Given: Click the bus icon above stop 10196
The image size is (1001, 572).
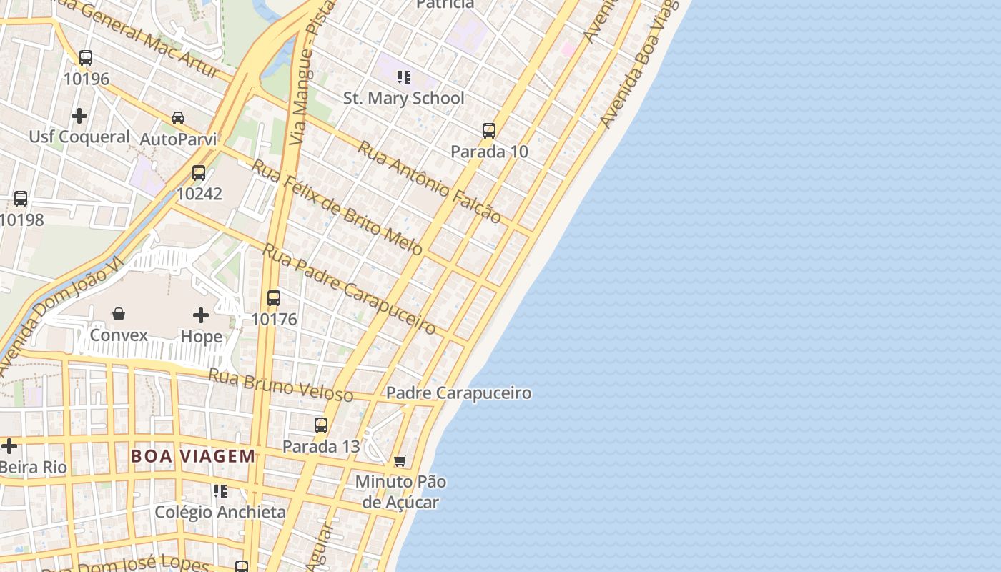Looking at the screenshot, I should (86, 58).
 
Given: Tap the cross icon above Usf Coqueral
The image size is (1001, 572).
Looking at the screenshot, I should (79, 115).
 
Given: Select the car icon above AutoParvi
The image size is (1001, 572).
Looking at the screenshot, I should (178, 117).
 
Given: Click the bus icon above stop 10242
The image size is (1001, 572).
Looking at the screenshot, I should (199, 172).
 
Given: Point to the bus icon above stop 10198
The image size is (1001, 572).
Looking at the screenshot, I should (21, 199).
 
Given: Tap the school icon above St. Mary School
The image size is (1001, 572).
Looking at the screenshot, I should (404, 77).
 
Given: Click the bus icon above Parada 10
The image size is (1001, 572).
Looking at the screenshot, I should (489, 130).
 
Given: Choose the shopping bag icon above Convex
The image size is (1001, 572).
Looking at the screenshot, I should (119, 314).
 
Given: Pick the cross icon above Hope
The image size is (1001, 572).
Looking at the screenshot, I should (201, 315).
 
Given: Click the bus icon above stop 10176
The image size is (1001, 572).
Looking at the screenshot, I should (274, 298).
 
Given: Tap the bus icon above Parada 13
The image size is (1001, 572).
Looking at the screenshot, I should (321, 425).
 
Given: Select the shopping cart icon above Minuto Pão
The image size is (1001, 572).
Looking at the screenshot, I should (400, 460).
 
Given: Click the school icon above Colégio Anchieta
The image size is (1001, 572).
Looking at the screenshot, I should (220, 491).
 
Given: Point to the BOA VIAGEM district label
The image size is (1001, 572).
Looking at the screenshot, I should (193, 456).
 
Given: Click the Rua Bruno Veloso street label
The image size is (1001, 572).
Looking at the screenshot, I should (281, 385).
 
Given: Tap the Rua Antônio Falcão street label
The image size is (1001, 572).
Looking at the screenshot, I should (430, 182).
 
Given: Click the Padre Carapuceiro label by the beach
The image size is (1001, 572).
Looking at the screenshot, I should (458, 393).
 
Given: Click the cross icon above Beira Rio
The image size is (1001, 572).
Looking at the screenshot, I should (9, 446).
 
